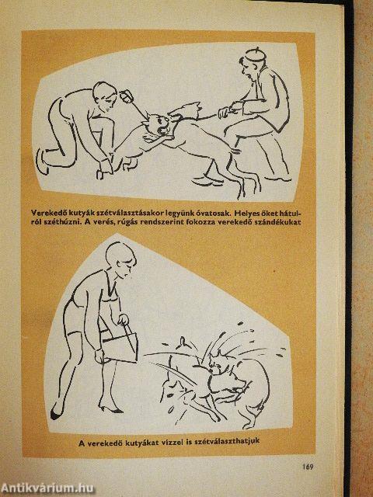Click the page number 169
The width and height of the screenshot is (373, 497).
click(308, 467)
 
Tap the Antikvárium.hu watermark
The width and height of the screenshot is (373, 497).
click(47, 488)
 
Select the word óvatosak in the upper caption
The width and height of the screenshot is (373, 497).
click(214, 212)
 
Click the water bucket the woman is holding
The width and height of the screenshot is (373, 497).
click(120, 347)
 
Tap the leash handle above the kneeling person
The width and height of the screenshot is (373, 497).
click(127, 96)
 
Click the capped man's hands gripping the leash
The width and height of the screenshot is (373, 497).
click(229, 110)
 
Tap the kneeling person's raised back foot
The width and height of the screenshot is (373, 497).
click(41, 161)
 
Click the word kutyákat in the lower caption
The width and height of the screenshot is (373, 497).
click(142, 443)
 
